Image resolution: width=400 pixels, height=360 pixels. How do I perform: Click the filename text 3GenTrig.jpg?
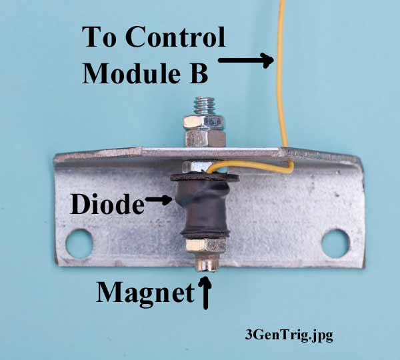tap(289, 335)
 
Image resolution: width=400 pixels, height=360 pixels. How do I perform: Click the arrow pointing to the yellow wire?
tap(246, 61)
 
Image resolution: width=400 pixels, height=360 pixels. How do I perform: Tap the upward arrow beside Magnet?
tap(205, 293)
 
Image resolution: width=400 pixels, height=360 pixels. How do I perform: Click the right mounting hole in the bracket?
tap(335, 242)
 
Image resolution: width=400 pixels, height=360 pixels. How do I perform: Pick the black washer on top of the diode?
tap(200, 176)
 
